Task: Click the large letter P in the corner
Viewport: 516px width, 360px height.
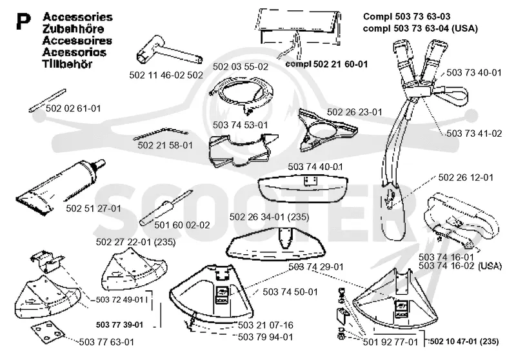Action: pos(23,22)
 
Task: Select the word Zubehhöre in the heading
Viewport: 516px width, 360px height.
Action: pos(73,29)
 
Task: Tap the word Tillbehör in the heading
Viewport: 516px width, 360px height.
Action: pos(67,64)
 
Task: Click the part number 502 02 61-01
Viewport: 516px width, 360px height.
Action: pos(73,108)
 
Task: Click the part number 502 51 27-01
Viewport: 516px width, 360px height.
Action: pos(94,208)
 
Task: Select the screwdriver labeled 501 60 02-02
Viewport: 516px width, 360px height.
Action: pos(166,208)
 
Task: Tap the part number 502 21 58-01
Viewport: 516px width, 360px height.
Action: pos(165,145)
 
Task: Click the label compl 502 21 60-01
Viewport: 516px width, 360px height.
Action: pos(326,64)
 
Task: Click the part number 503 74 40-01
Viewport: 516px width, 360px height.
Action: pos(315,166)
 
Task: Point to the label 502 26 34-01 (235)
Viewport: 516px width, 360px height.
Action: pos(269,217)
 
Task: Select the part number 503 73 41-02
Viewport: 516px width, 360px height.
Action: pos(474,134)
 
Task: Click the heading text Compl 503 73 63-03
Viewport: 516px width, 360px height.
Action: pos(407,17)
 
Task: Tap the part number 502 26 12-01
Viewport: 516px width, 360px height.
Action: pos(466,177)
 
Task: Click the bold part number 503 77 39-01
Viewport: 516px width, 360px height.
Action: pos(120,325)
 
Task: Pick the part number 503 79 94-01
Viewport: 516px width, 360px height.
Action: pos(265,337)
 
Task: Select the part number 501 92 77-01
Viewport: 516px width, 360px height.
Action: pos(390,342)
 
